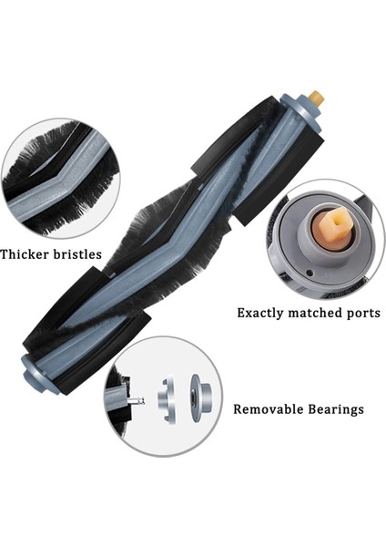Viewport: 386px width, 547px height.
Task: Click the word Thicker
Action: click(24, 254)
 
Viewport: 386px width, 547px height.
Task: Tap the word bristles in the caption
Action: click(76, 254)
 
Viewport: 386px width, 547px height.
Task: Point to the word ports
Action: click(363, 313)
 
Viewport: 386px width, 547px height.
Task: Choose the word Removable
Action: click(265, 409)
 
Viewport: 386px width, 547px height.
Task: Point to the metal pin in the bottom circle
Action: click(135, 398)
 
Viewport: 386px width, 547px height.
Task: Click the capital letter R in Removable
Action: click(239, 409)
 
